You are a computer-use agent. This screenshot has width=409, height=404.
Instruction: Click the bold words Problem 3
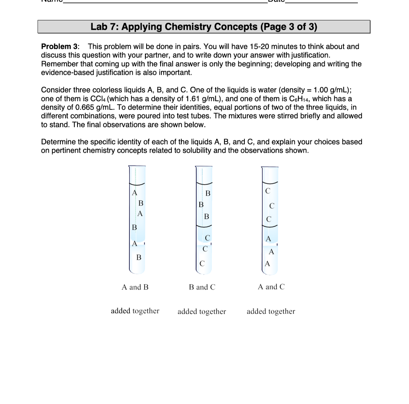tap(60, 47)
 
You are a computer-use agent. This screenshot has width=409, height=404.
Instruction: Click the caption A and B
tap(135, 287)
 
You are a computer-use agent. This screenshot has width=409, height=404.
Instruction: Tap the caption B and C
tap(202, 287)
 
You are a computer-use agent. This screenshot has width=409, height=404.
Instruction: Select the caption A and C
tap(271, 287)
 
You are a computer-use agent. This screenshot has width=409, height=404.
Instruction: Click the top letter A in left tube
tap(135, 193)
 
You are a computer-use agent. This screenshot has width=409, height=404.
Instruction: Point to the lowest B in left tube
tap(139, 257)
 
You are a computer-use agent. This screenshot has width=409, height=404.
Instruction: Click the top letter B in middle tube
tap(207, 194)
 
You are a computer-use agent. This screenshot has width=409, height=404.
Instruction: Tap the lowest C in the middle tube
tap(202, 264)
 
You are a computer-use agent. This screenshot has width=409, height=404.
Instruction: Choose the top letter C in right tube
tap(268, 191)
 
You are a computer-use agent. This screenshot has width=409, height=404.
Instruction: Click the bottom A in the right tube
tap(267, 264)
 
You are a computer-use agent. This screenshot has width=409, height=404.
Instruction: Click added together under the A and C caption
tap(271, 311)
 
